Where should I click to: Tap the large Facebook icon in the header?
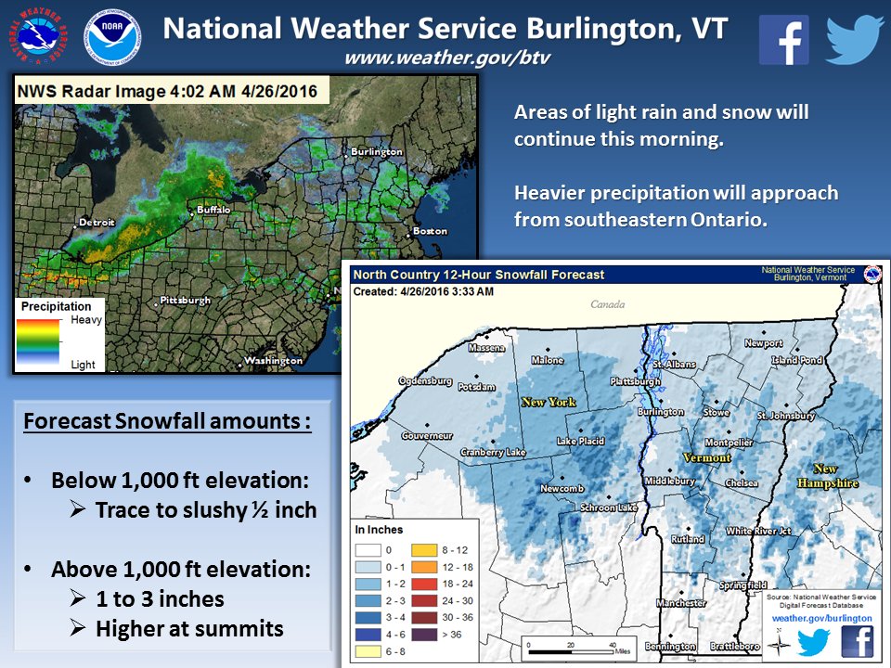point(784,39)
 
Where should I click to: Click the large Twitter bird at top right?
point(854,39)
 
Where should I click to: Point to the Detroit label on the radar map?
point(97,222)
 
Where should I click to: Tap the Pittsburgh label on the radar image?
point(185,301)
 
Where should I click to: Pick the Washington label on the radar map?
point(273,360)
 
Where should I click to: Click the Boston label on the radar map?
point(430,230)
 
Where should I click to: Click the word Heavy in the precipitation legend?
point(87,319)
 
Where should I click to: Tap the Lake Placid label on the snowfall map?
point(579,442)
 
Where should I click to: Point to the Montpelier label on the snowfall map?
point(729,443)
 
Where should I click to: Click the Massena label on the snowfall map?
point(486,348)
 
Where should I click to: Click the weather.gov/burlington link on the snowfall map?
point(822,617)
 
